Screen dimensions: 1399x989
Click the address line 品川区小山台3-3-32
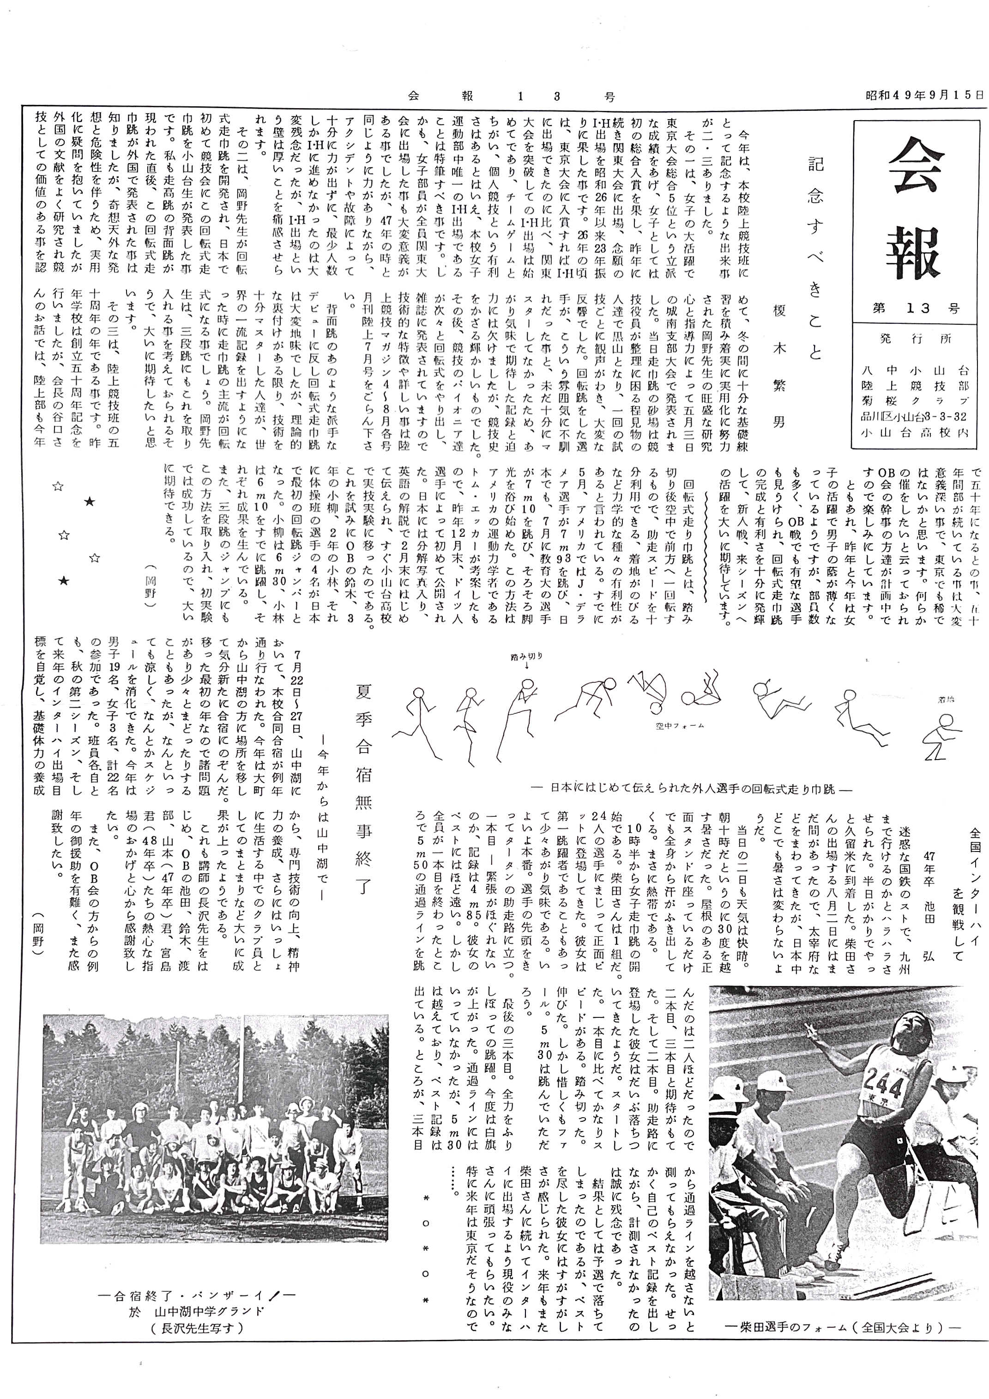click(x=915, y=416)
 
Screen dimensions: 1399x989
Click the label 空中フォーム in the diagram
click(x=680, y=726)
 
